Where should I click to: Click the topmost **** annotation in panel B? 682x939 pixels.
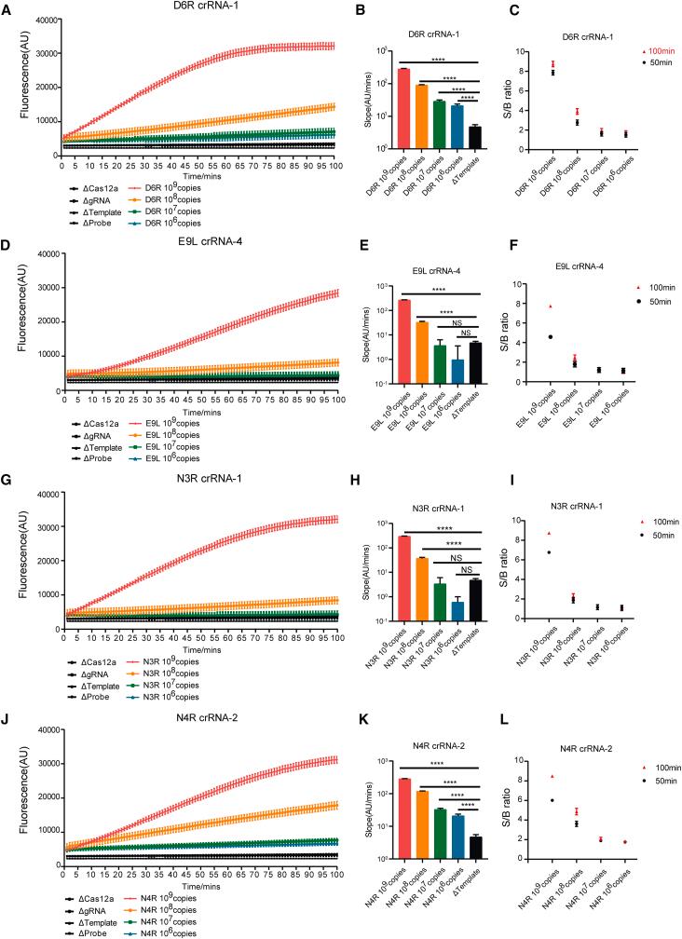coord(439,59)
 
